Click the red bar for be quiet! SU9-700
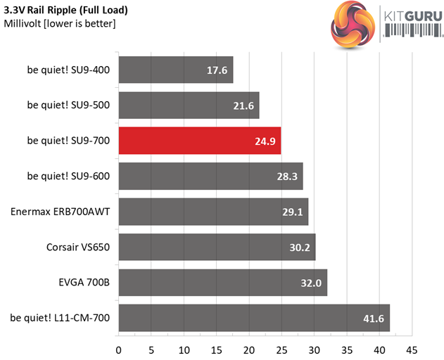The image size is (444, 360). click(x=200, y=141)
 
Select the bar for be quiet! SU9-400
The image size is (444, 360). click(x=175, y=70)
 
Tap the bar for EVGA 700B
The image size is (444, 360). click(x=222, y=282)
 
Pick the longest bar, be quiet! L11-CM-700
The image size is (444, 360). click(x=253, y=318)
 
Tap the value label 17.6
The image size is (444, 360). click(x=216, y=70)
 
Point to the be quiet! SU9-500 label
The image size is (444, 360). click(x=68, y=105)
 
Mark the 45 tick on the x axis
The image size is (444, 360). click(x=412, y=348)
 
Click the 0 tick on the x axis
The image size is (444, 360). click(x=118, y=348)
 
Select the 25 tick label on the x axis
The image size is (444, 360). click(x=281, y=348)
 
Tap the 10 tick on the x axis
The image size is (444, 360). click(x=184, y=348)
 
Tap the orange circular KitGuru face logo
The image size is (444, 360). click(x=352, y=23)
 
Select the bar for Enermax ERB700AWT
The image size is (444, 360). click(x=213, y=212)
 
